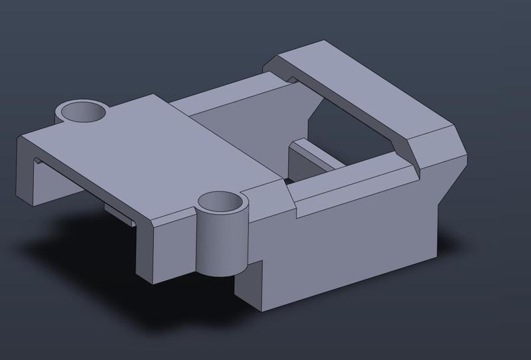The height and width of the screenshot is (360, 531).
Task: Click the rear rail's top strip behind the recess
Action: point(226,96)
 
